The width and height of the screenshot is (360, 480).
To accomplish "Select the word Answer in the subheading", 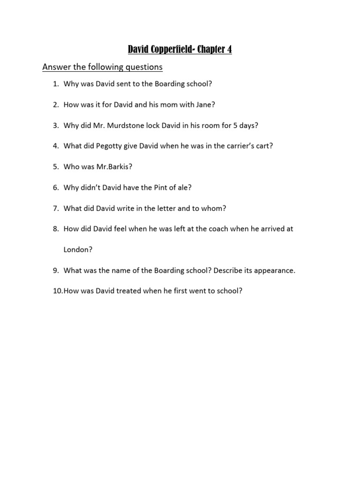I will (x=56, y=67).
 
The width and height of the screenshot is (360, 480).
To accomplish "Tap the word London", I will (x=77, y=250).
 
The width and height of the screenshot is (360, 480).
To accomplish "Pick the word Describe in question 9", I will (x=229, y=270).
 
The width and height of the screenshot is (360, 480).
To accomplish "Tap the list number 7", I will (x=55, y=208).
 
